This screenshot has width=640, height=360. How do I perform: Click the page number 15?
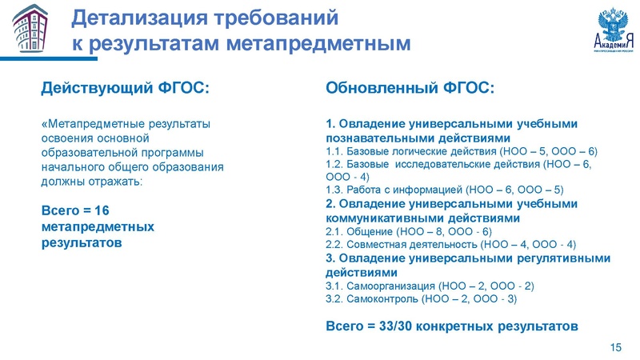click(x=616, y=346)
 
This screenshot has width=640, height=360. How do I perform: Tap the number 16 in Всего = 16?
click(x=100, y=210)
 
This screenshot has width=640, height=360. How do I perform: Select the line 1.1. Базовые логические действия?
click(x=462, y=151)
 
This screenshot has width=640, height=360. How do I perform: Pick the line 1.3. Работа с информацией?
click(x=446, y=190)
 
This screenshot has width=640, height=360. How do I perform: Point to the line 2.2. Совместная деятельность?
click(x=450, y=245)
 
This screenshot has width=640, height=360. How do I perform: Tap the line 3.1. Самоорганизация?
click(x=430, y=286)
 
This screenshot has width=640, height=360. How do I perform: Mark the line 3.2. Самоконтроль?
click(x=422, y=299)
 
